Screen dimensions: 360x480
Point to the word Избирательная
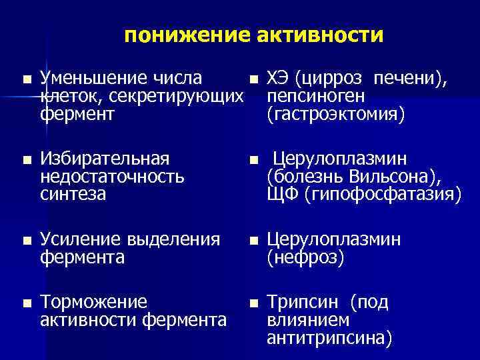(105, 159)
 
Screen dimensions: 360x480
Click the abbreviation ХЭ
(277, 79)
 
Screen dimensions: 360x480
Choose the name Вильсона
(391, 177)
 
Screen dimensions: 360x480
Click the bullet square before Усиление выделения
(25, 240)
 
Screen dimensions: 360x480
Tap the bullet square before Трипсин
(253, 303)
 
